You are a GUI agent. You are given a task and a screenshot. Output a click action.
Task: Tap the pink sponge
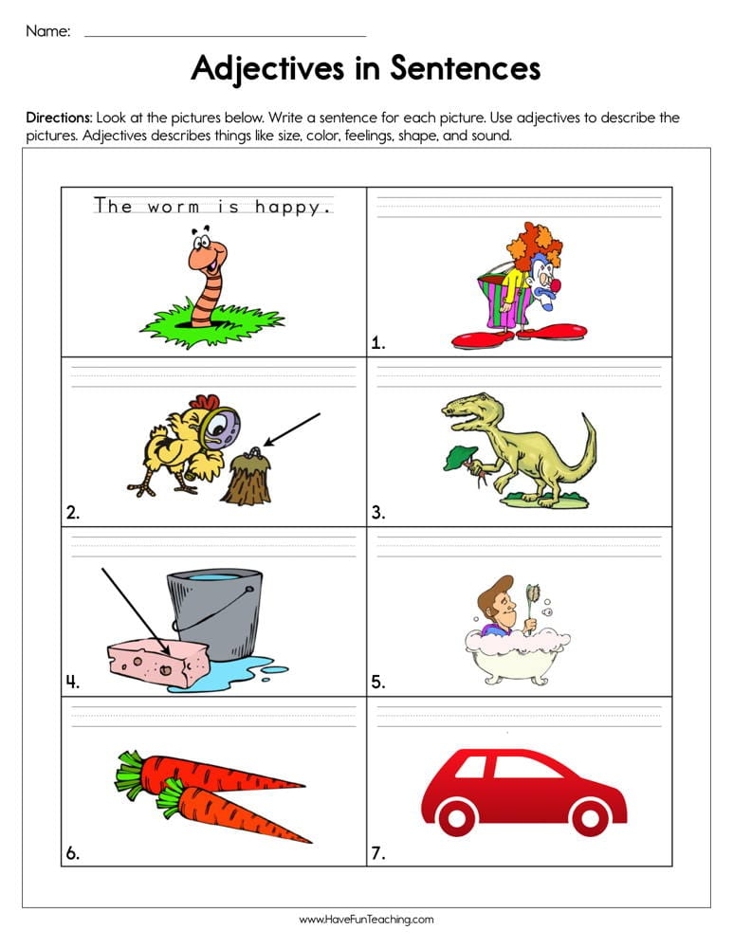pyautogui.click(x=156, y=659)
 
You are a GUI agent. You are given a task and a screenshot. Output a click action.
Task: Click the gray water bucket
pyautogui.click(x=213, y=611)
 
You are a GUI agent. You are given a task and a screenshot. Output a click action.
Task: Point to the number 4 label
pyautogui.click(x=72, y=681)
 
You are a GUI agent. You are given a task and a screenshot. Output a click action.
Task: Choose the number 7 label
pyautogui.click(x=378, y=853)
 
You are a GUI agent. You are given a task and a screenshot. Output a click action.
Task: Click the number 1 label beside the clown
pyautogui.click(x=377, y=343)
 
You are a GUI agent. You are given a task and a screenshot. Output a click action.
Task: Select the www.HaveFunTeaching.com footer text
pyautogui.click(x=366, y=920)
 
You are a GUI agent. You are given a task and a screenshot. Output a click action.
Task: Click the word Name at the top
pyautogui.click(x=47, y=31)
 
